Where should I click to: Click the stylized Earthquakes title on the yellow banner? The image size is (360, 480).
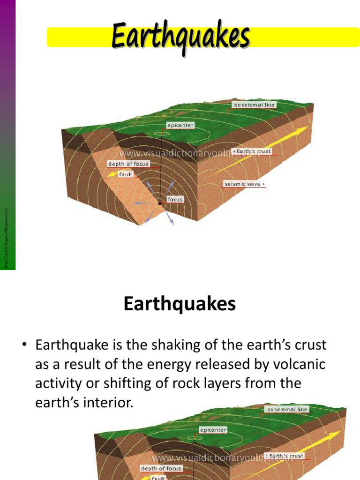[x=180, y=37]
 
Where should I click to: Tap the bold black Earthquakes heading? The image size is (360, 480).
[x=180, y=305]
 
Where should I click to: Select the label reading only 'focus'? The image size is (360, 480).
[x=175, y=199]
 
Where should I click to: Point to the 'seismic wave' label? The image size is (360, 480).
[x=245, y=184]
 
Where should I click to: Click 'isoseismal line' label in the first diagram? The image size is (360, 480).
[x=254, y=105]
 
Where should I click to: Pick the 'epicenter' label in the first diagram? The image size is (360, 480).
[x=180, y=126]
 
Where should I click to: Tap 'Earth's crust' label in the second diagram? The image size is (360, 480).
[x=285, y=456]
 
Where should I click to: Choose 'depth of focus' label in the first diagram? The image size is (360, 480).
[x=128, y=164]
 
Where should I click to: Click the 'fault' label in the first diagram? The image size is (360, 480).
[x=126, y=174]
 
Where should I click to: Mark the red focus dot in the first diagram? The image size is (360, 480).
[x=160, y=203]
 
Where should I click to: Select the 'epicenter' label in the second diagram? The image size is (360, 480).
[x=213, y=430]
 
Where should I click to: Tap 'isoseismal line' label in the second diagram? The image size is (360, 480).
[x=286, y=409]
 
